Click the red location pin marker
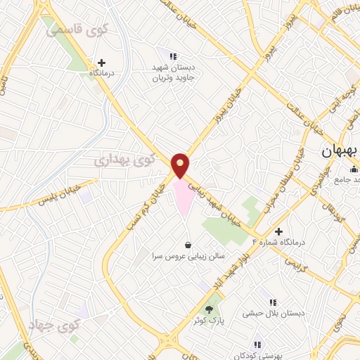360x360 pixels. click(x=180, y=165)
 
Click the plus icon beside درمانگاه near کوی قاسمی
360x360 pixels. click(x=103, y=63)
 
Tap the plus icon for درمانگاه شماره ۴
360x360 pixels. click(x=279, y=232)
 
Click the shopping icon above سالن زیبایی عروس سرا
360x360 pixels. click(x=188, y=245)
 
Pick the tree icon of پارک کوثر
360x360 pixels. click(x=208, y=309)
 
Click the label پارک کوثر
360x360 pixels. click(x=208, y=321)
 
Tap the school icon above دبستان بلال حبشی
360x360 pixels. click(x=271, y=302)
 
